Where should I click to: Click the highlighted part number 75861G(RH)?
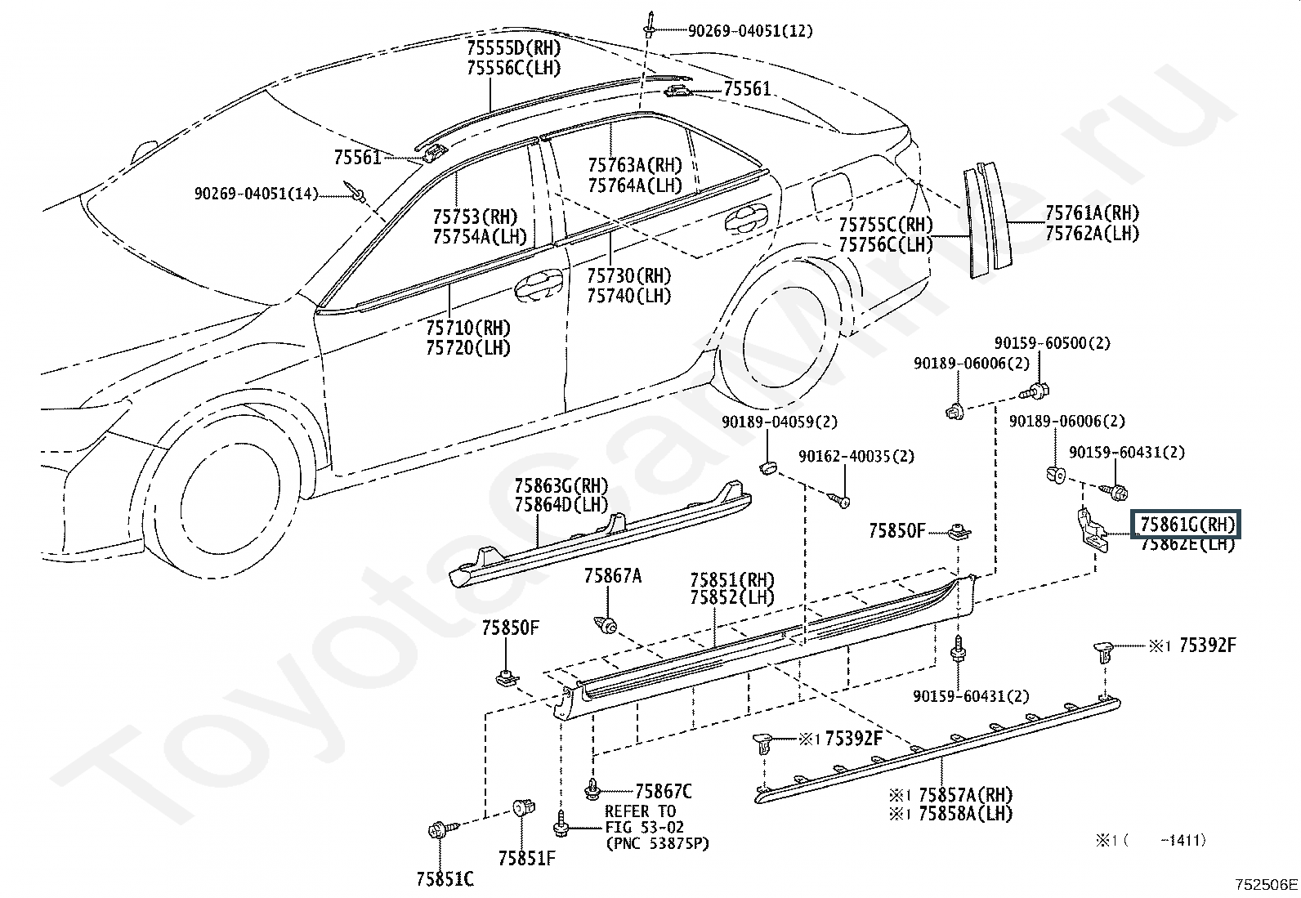pos(1186,525)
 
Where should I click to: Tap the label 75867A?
pos(612,575)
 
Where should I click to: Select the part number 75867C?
pos(663,791)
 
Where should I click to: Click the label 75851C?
pos(445,879)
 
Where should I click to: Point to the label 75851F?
pos(527,858)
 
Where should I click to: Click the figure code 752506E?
pos(1266,884)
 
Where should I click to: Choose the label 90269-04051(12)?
pos(750,31)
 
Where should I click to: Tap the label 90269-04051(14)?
pos(256,194)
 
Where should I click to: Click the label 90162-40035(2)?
pos(856,456)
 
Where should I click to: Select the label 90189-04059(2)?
pos(780,422)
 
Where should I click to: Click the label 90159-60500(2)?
pos(1052,343)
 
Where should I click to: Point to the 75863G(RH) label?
pos(561,485)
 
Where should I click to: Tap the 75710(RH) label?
pos(468,328)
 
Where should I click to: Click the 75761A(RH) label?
pos(1092,212)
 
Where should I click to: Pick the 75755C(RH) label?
pos(885,224)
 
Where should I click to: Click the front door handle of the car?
pos(539,284)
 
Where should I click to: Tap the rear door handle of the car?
pos(746,219)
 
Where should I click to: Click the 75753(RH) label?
pos(475,217)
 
